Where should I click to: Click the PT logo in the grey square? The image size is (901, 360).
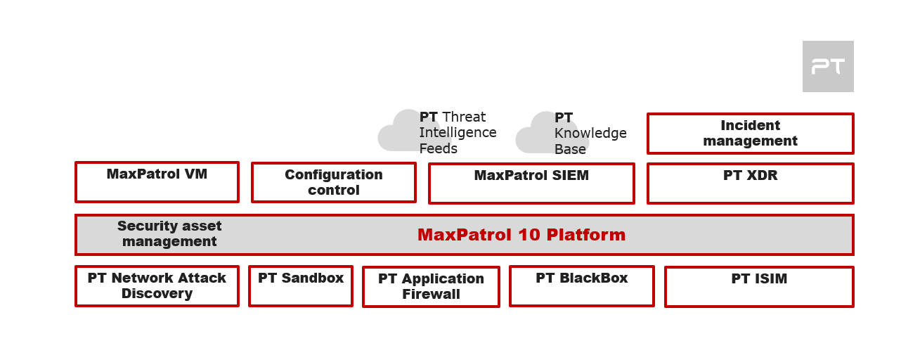(x=828, y=66)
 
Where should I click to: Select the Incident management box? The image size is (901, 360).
(x=750, y=133)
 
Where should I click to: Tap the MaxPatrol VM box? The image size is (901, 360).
(x=157, y=181)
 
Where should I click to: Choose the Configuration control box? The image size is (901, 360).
(x=333, y=182)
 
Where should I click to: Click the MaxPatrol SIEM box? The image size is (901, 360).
(x=531, y=183)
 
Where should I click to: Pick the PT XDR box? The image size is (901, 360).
(x=750, y=183)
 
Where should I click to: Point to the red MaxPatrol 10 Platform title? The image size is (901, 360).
(x=521, y=235)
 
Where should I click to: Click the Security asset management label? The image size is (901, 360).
(x=169, y=234)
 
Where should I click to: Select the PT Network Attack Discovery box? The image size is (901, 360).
(x=157, y=285)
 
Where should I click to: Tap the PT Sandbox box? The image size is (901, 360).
(x=301, y=285)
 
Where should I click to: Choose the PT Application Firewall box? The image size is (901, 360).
(x=431, y=286)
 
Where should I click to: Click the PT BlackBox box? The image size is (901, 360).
(x=581, y=285)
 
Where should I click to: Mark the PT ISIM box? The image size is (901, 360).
(x=759, y=286)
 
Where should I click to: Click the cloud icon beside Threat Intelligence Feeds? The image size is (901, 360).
(x=404, y=131)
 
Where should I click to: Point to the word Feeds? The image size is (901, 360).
(x=439, y=148)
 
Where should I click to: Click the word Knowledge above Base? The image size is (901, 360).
(x=590, y=134)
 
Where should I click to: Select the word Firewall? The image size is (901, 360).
(x=431, y=295)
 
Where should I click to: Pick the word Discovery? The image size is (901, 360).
(x=157, y=294)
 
